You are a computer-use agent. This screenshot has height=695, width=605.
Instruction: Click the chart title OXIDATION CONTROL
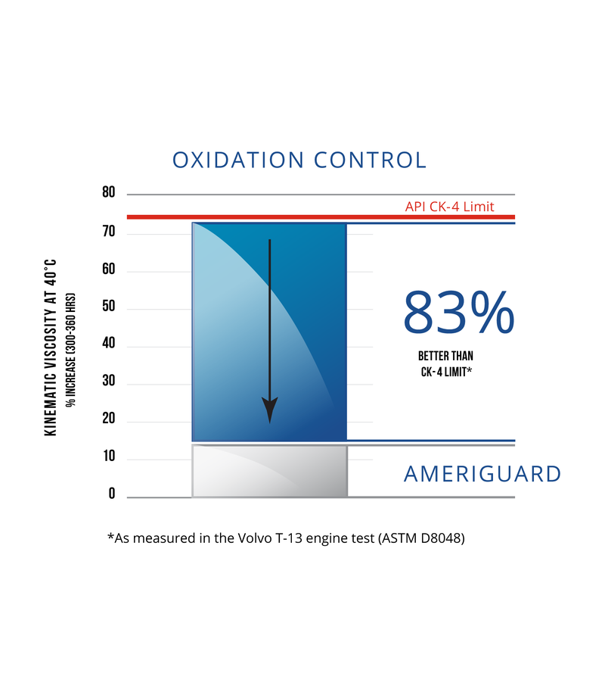299,161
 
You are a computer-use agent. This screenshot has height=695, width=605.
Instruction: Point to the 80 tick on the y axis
109,193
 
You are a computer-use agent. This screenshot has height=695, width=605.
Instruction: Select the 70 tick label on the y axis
109,232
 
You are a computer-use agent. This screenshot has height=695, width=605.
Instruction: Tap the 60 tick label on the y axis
109,270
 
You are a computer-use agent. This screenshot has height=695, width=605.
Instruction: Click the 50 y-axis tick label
109,307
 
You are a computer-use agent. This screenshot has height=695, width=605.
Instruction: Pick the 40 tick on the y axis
109,344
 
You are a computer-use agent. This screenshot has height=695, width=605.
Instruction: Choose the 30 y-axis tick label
109,382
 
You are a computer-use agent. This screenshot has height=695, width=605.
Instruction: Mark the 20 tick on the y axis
109,419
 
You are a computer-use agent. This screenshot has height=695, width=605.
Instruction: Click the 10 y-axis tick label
109,457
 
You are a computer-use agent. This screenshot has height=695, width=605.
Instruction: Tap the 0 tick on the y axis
112,494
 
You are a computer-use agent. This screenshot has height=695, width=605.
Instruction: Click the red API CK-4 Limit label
449,207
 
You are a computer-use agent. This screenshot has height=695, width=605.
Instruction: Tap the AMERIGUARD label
482,475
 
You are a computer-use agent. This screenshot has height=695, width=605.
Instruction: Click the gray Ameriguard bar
269,471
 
